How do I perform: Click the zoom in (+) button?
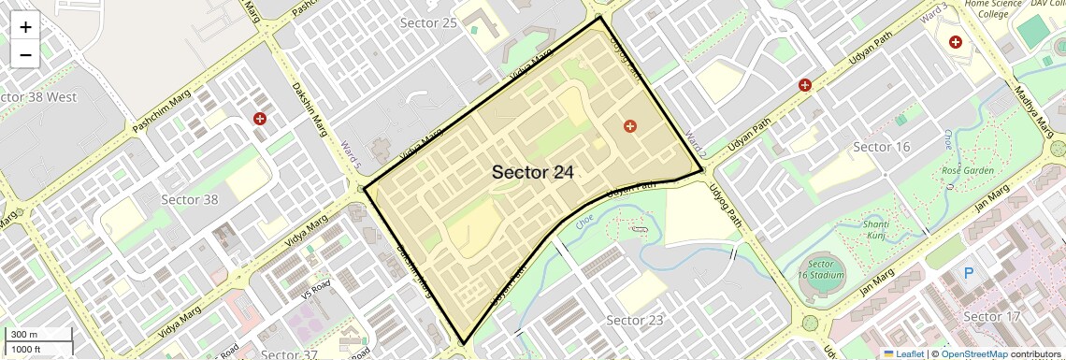25,27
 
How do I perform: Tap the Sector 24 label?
533,172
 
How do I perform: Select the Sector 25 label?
428,22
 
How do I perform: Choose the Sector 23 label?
635,321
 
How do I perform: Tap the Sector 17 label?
997,316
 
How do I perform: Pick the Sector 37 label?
290,354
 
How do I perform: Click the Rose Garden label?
967,171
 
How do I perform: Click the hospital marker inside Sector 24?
630,125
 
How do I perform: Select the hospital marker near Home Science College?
956,42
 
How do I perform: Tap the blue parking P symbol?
970,274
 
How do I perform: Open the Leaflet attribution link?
903,353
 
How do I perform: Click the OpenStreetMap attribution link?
973,353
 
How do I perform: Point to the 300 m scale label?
24,335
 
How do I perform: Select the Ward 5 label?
350,154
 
